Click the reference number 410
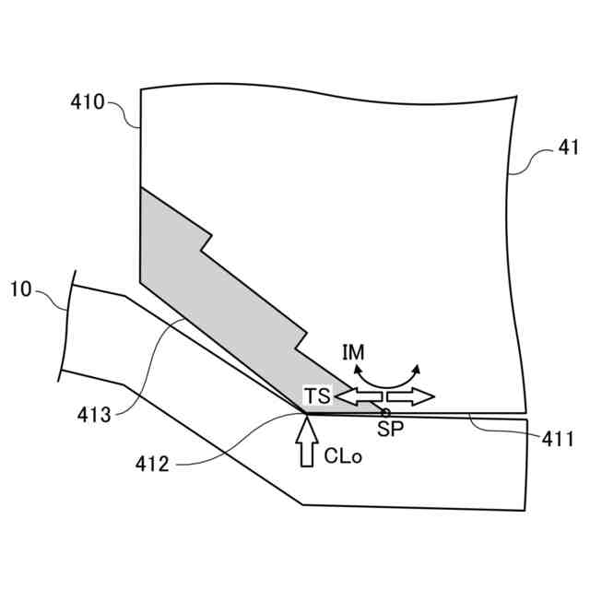[x=87, y=101]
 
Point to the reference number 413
[x=94, y=415]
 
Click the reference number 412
[x=150, y=464]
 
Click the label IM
[x=353, y=351]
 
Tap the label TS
[x=318, y=396]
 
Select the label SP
[x=390, y=429]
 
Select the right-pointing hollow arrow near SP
[x=410, y=396]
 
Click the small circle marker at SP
[x=386, y=412]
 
